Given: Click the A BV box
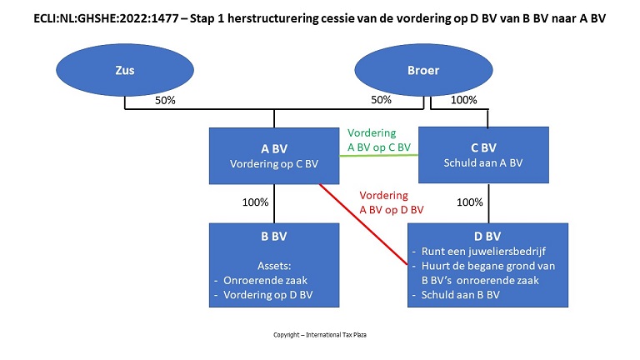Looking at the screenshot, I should (274, 156).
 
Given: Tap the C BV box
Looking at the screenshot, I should (483, 156).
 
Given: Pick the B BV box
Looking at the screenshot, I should (274, 265).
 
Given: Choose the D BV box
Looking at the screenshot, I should (488, 265).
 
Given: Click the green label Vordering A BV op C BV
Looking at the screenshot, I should (379, 140).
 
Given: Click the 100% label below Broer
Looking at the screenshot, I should (463, 101).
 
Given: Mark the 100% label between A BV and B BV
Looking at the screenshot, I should (255, 202).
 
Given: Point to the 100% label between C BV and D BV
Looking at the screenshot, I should (470, 202).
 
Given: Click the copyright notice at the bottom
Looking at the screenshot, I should (319, 335).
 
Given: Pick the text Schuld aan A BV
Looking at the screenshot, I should (483, 164).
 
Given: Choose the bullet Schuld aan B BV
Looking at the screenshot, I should (459, 295).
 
